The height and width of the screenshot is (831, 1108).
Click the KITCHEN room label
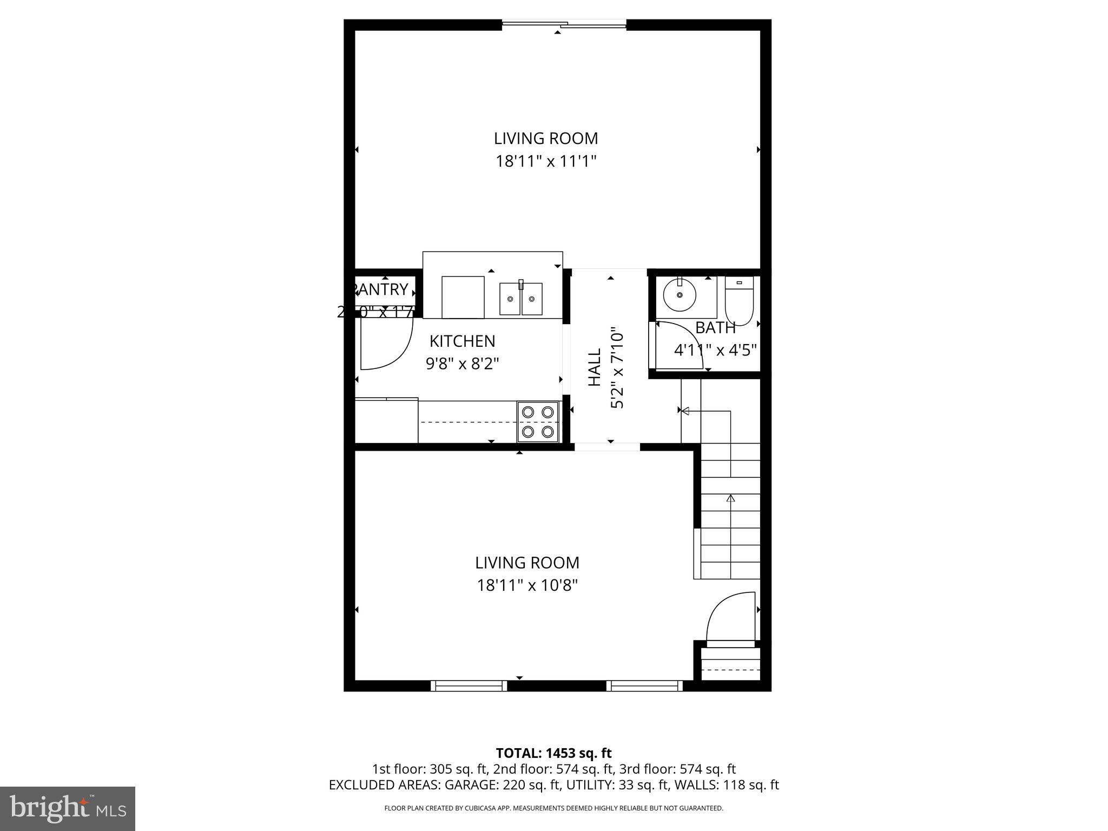tap(462, 341)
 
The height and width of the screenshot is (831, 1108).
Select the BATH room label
tap(715, 328)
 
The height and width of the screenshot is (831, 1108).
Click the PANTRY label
tap(382, 290)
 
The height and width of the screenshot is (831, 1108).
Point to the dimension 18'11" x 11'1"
tap(546, 161)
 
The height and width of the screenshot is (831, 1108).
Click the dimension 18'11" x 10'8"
tap(527, 585)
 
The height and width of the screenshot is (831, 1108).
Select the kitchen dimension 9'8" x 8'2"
tap(462, 363)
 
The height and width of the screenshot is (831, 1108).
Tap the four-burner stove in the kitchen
tap(538, 421)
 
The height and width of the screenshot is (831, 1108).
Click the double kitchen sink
tap(520, 299)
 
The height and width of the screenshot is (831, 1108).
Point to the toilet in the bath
tap(739, 302)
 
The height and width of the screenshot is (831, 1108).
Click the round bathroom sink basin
tap(680, 295)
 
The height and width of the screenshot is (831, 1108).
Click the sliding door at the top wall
tap(564, 24)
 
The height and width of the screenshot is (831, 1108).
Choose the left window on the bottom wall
tap(469, 686)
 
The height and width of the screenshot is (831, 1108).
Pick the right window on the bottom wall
tap(644, 686)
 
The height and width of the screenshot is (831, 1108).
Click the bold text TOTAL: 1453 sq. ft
tap(553, 753)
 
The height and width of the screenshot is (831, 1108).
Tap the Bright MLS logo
tap(68, 808)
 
